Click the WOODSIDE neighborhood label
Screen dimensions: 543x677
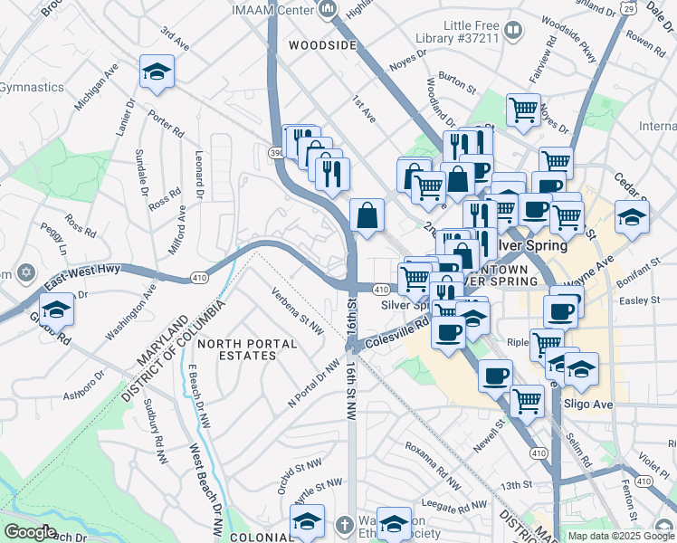[323, 45]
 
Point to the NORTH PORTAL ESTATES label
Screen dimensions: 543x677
[248, 349]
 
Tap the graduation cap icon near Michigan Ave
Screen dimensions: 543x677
[157, 72]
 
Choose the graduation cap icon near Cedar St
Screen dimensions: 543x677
[631, 217]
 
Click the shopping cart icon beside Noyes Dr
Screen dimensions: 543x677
[523, 110]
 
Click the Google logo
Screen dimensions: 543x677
[30, 532]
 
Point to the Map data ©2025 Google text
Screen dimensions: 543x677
[621, 535]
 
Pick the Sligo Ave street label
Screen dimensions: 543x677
[587, 404]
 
